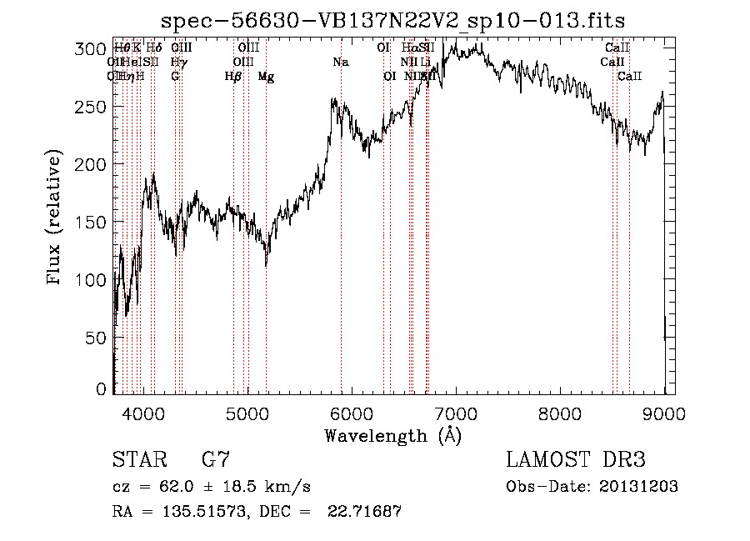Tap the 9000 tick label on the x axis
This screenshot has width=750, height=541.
pos(664,412)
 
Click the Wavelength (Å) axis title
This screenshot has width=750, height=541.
pos(392,435)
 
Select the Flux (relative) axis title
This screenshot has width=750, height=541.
pos(56,218)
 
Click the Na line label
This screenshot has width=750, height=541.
pos(340,63)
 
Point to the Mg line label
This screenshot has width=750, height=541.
pos(266,77)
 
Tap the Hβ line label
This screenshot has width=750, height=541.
pos(233,77)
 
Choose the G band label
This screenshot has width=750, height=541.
pos(175,77)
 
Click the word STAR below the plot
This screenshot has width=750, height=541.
pos(138,460)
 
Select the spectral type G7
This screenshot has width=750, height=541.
pos(215,460)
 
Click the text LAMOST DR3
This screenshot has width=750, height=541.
pos(575,460)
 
